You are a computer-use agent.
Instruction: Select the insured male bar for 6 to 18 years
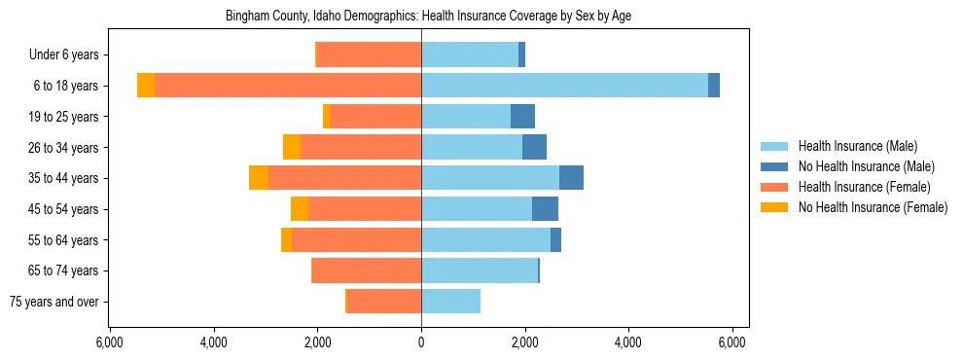564,86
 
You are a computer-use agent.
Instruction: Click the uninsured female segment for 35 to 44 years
259,178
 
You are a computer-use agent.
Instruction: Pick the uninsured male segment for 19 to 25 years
522,117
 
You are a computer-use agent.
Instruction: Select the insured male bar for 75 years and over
450,302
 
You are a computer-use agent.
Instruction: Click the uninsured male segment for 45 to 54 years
545,209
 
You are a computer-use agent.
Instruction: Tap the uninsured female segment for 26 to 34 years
292,147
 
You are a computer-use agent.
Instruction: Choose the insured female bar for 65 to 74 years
367,270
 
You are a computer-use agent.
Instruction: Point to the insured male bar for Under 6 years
470,54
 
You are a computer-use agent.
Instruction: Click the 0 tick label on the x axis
421,342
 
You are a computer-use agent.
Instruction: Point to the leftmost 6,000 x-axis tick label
110,342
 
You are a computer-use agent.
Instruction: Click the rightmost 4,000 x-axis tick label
628,342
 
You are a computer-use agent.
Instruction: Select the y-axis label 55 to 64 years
65,240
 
